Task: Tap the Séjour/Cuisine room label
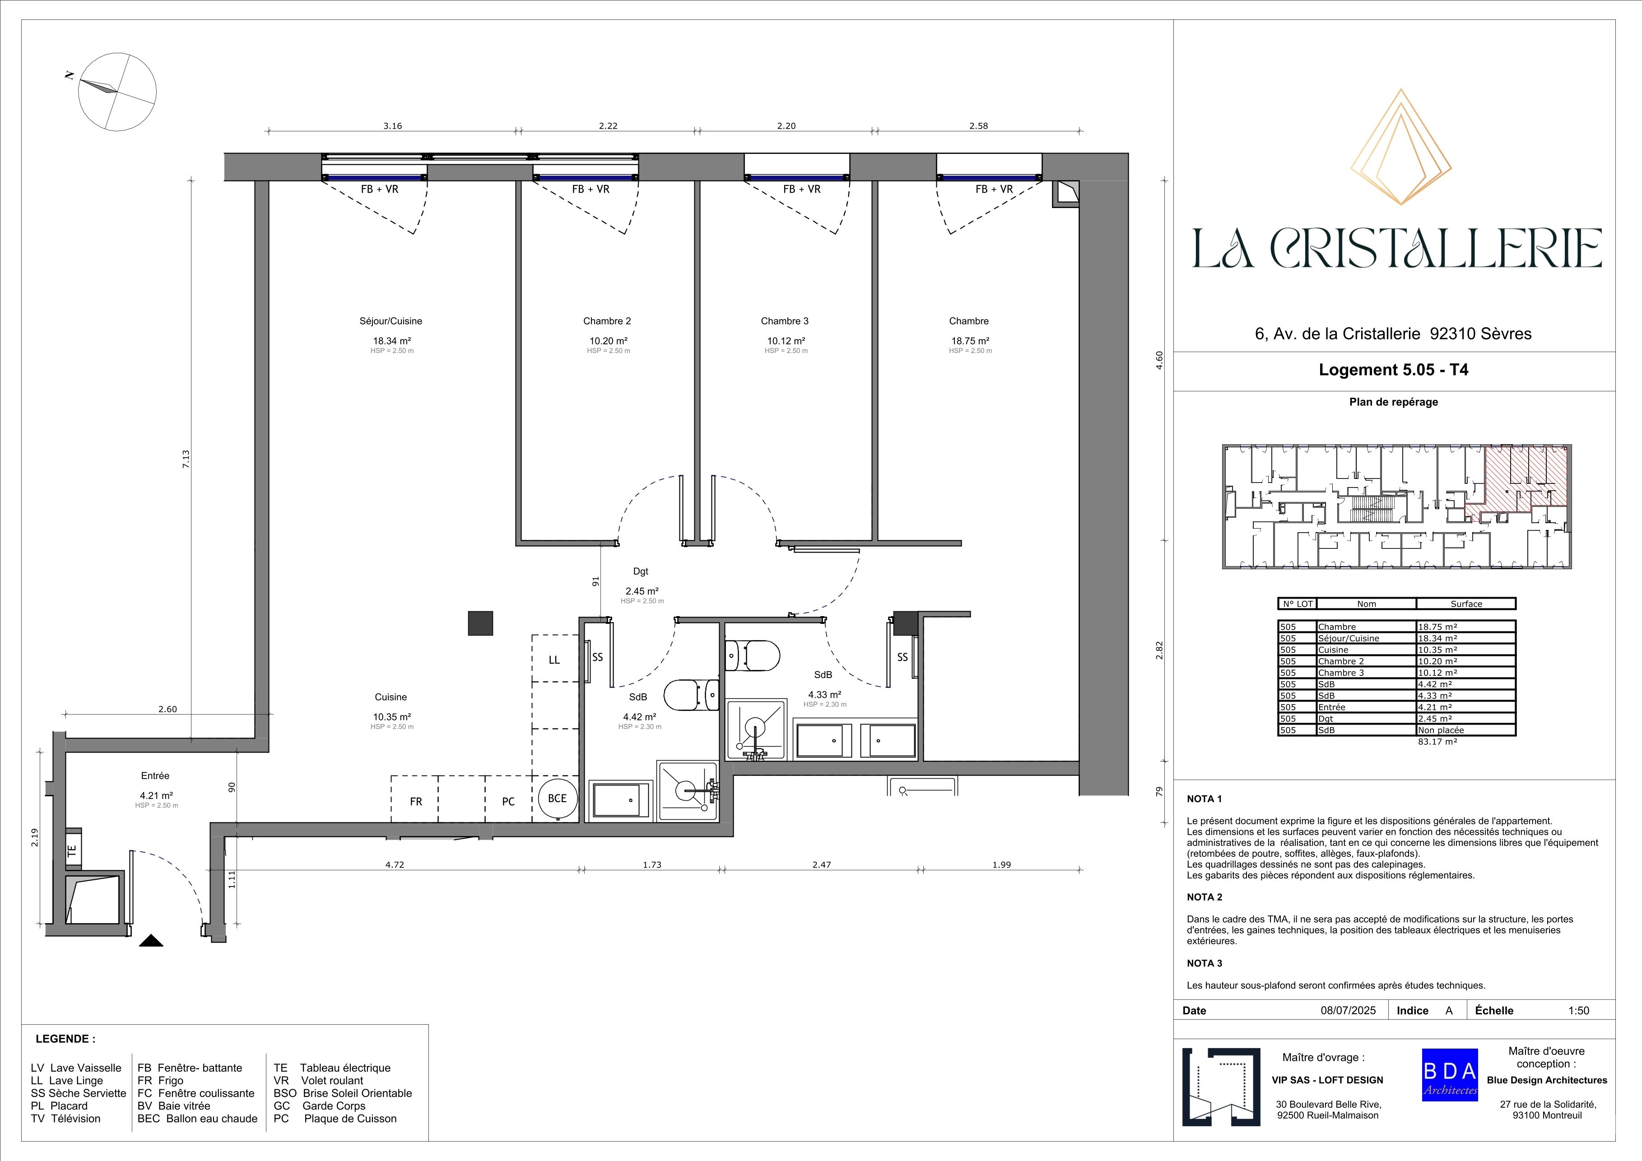click(391, 321)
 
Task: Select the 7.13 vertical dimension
click(186, 458)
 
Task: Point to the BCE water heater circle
click(557, 799)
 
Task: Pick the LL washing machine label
click(554, 660)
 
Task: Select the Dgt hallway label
click(641, 571)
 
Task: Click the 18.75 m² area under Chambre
click(970, 341)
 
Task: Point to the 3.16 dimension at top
click(393, 126)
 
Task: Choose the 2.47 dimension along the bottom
click(822, 864)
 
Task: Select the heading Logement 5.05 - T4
click(1394, 370)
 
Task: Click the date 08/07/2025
click(1348, 1010)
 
